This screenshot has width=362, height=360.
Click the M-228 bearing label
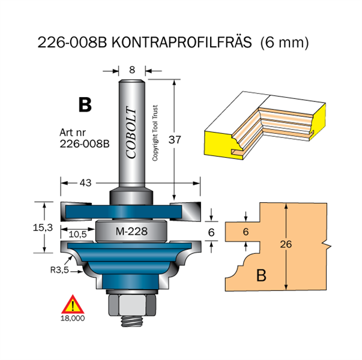click(x=131, y=231)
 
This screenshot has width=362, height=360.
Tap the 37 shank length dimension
click(x=175, y=140)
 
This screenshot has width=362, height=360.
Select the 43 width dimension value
click(x=86, y=183)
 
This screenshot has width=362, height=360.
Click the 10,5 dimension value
click(x=78, y=235)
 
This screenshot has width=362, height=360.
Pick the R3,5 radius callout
click(x=59, y=270)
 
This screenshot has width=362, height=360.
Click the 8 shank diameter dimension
click(x=132, y=70)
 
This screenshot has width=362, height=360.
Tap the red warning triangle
click(x=73, y=304)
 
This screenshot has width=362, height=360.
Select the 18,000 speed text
click(x=73, y=318)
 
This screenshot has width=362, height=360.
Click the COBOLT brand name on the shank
click(x=131, y=133)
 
